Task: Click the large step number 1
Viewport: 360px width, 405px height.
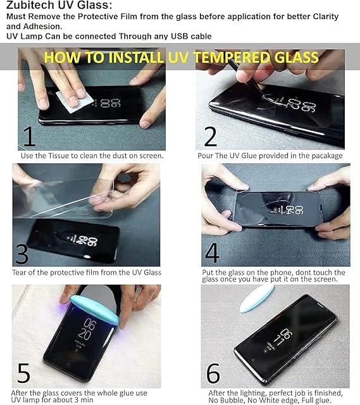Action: coord(29,137)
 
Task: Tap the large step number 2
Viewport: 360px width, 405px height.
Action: coord(211,137)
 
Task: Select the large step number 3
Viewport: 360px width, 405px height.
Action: coord(22,254)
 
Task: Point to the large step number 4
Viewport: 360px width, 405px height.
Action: coord(213,252)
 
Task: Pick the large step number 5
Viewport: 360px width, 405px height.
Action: coord(24,373)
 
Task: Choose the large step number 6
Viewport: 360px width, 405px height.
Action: coord(213,373)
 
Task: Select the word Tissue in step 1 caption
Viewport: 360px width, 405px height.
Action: coord(59,156)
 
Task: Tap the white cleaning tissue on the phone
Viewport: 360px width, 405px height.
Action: coord(75,101)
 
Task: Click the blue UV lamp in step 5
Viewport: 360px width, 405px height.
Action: coord(94,310)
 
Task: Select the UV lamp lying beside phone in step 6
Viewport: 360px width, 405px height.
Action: coord(256,299)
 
